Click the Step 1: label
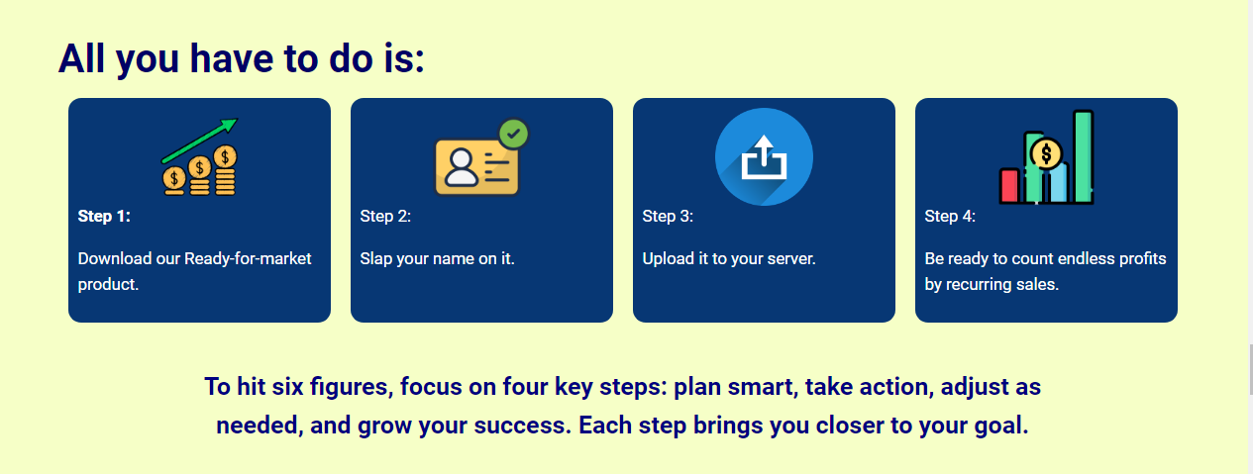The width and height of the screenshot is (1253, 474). (104, 217)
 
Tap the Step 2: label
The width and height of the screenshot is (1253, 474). (385, 217)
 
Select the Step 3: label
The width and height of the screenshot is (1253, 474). (668, 217)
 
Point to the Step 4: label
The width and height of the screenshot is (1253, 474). (950, 217)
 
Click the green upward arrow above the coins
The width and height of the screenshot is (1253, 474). (200, 141)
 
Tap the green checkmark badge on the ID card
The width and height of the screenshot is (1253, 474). (513, 135)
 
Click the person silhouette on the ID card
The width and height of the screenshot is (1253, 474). (461, 167)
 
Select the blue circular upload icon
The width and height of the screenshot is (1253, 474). (764, 157)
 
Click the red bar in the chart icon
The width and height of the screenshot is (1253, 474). (1009, 186)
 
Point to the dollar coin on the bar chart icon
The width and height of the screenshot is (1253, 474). (1046, 153)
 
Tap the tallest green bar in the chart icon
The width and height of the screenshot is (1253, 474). (1084, 156)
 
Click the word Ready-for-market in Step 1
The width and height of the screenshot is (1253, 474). (248, 259)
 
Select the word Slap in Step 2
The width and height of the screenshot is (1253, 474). (376, 259)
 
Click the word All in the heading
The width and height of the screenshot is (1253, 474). (81, 58)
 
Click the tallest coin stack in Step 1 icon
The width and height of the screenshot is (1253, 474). (226, 170)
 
